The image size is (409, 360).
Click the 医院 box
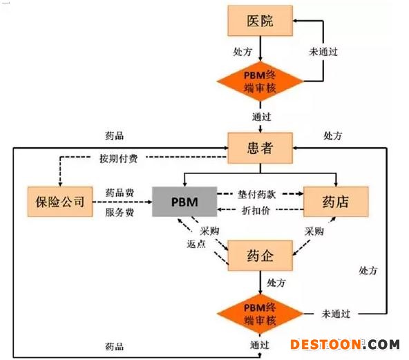(260, 21)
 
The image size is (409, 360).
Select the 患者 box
(260, 148)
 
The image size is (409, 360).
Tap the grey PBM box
(184, 202)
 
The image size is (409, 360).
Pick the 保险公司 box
(60, 202)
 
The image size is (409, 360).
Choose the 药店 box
(336, 202)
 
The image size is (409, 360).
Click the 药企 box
(260, 256)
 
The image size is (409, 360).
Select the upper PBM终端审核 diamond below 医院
(260, 82)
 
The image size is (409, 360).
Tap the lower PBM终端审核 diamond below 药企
(260, 314)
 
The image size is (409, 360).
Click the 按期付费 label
(118, 158)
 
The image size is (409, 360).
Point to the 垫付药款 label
(257, 194)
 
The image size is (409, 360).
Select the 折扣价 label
(256, 210)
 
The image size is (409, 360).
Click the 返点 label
(196, 244)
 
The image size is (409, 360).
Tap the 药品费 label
(120, 193)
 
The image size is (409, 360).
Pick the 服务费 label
(120, 212)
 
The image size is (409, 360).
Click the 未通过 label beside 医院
(323, 52)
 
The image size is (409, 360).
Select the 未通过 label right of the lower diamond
(336, 314)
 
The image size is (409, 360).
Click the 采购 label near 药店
(314, 231)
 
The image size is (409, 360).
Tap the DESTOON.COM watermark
(345, 344)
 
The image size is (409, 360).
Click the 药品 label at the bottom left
(114, 347)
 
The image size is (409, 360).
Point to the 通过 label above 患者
(262, 117)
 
